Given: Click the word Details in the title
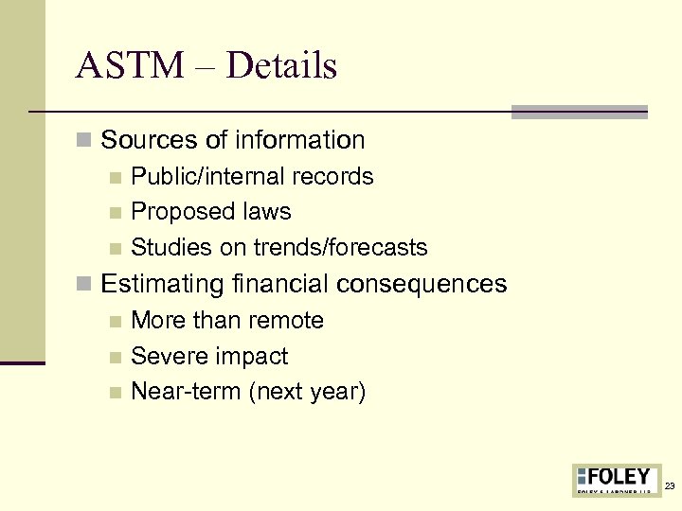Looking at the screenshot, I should pos(282,66).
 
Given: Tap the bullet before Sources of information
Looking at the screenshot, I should pos(85,141).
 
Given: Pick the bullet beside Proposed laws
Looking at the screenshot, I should pos(116,212).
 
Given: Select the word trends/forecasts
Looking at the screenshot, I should pos(340,248).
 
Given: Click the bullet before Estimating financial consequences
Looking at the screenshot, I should pos(85,284).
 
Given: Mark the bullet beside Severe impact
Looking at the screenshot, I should pos(116,357).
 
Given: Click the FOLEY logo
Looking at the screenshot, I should pos(617,479).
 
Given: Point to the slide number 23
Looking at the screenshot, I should pos(670,485).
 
